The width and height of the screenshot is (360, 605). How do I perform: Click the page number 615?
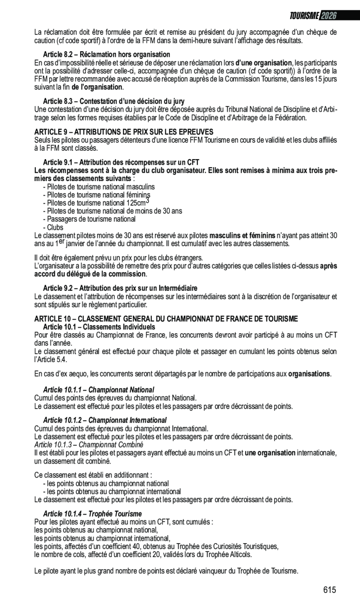329,590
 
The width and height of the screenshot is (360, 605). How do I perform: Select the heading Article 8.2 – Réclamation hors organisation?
106,54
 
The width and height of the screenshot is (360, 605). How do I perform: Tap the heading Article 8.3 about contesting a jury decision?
113,101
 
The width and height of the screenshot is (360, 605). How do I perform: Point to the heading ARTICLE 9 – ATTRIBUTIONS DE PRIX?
124,132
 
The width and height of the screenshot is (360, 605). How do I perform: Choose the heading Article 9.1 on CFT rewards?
121,162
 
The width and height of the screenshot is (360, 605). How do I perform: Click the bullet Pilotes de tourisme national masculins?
99,187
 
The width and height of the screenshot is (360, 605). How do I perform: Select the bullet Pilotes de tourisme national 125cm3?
96,203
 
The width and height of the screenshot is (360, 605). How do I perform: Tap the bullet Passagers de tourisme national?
89,219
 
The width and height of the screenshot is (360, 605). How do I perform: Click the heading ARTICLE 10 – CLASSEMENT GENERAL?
166,319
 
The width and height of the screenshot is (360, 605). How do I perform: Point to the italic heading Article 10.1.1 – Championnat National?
98,390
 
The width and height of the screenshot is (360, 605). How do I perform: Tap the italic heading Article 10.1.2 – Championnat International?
105,420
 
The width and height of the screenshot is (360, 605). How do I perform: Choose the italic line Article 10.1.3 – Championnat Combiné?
89,444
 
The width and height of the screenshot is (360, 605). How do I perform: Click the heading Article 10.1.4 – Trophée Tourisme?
92,514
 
